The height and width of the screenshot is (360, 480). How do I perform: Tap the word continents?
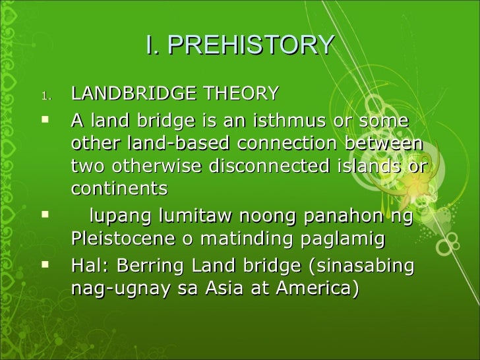tap(119, 189)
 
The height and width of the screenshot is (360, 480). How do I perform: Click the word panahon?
tap(339, 216)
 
